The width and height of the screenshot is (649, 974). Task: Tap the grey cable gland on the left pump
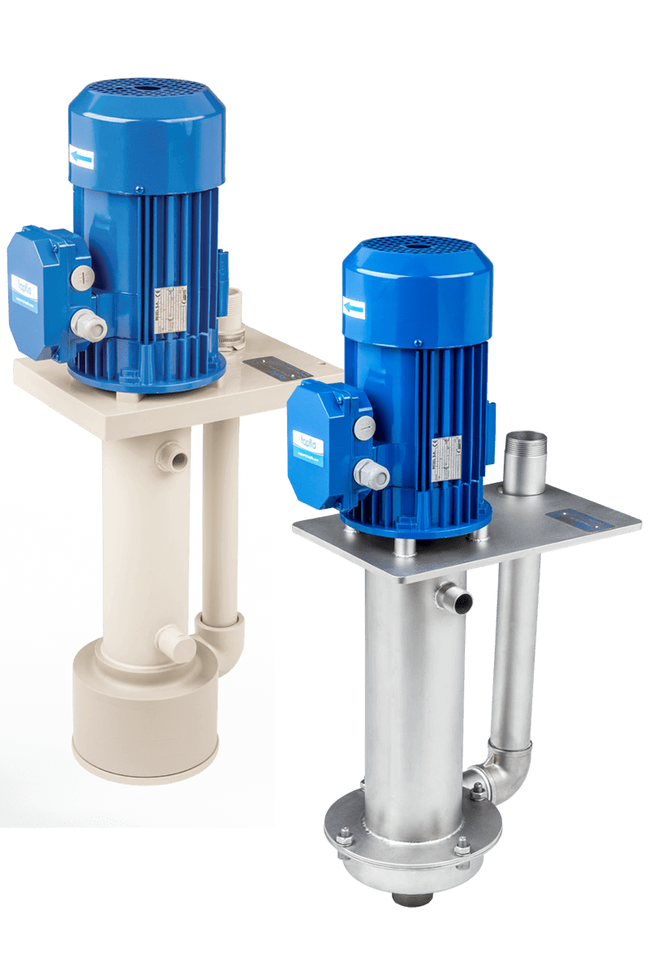[88, 325]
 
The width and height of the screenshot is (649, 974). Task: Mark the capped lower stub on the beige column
[175, 645]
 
